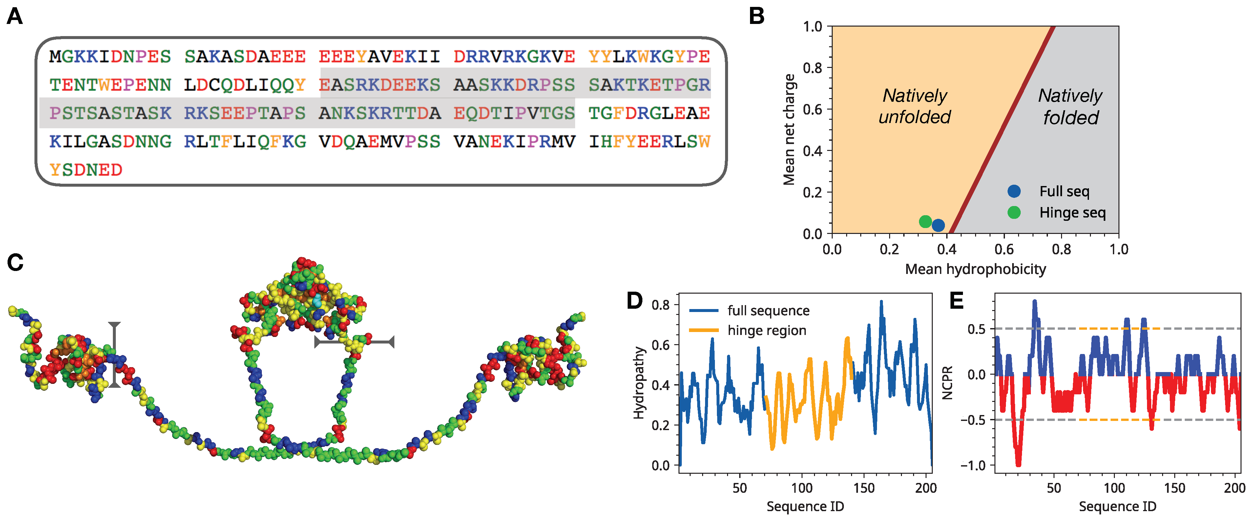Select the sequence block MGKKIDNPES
[x=110, y=56]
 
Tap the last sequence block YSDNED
[x=86, y=170]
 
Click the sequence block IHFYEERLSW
[x=649, y=141]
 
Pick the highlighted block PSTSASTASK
[x=110, y=113]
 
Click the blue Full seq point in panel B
[x=938, y=225]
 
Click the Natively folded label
[x=1070, y=106]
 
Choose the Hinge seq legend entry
[x=1072, y=213]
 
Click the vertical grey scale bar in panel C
[x=114, y=354]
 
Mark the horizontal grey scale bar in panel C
[x=354, y=342]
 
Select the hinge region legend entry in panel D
[x=766, y=330]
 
